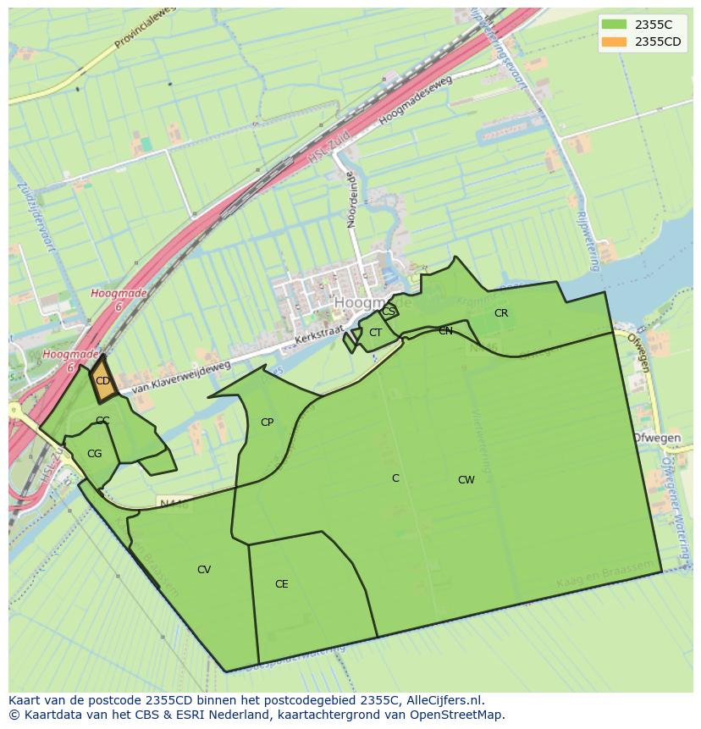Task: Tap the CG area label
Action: click(x=94, y=454)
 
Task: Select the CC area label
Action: click(x=102, y=421)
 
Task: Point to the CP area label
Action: click(x=267, y=422)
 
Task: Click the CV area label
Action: click(x=203, y=570)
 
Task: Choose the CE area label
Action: click(x=281, y=584)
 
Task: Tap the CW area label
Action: click(x=466, y=480)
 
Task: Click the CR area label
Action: click(x=501, y=313)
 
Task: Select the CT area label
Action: click(x=375, y=333)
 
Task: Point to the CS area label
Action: click(x=388, y=312)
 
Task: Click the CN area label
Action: click(x=445, y=331)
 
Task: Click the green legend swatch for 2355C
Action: click(x=614, y=25)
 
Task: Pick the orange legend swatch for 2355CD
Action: click(x=614, y=41)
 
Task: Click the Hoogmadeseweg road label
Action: click(x=416, y=99)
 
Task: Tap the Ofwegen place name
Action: click(x=657, y=438)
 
